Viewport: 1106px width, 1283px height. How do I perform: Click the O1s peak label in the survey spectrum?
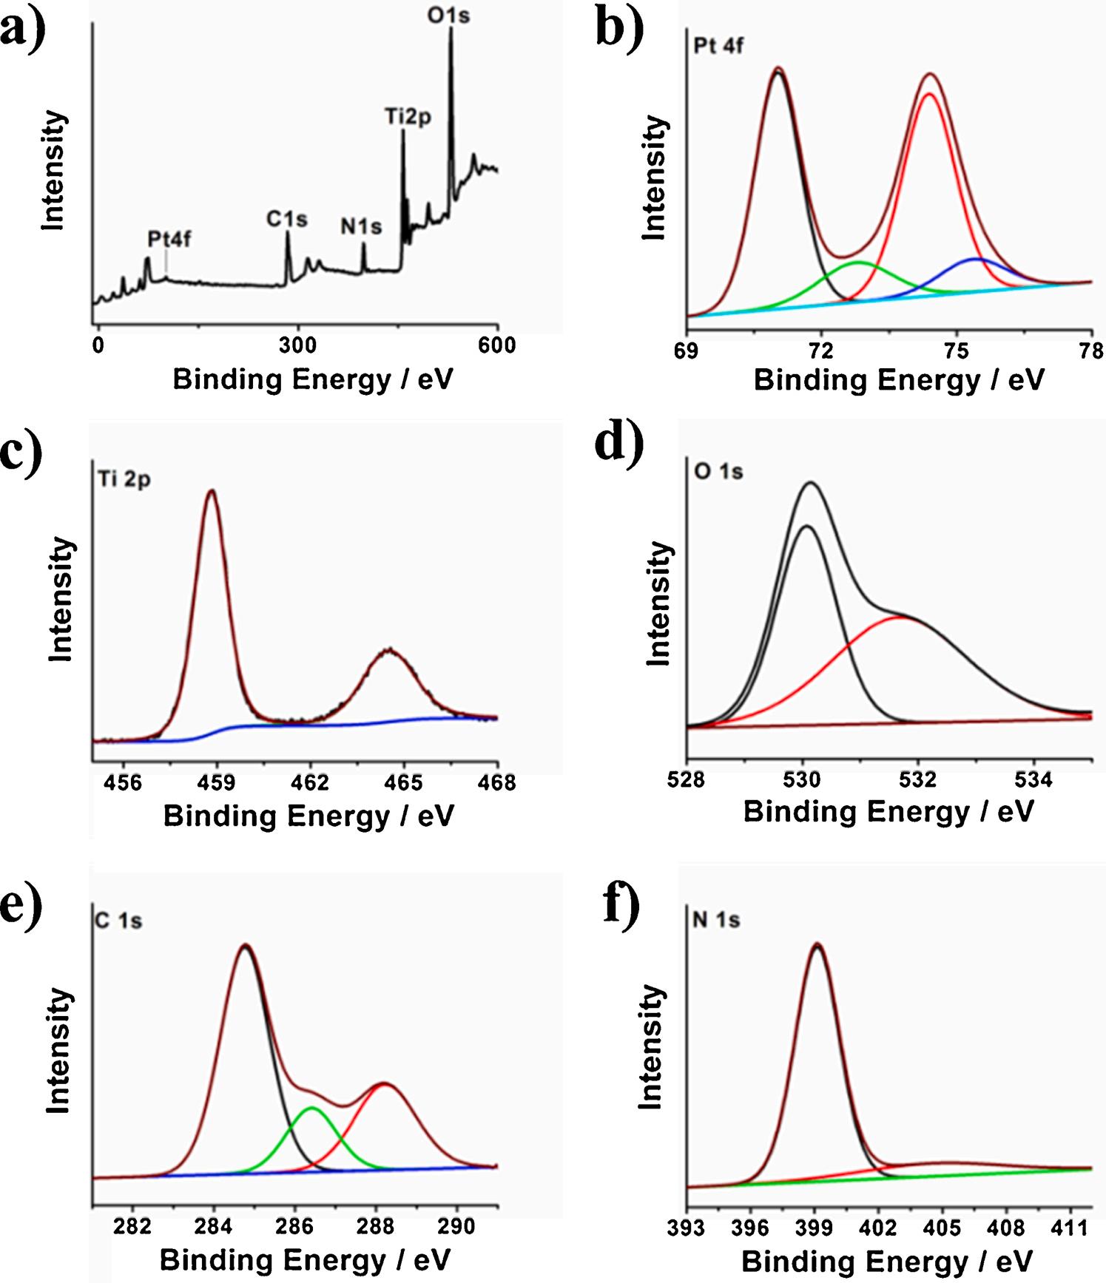[x=448, y=15]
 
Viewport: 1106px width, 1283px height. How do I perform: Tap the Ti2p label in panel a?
[x=408, y=116]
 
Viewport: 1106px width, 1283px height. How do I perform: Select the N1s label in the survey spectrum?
[x=361, y=226]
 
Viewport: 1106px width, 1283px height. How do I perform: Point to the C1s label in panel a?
[x=287, y=219]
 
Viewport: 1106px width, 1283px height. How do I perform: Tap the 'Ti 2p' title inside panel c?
[x=124, y=479]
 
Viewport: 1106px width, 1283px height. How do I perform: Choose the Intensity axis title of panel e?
[x=58, y=1050]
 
